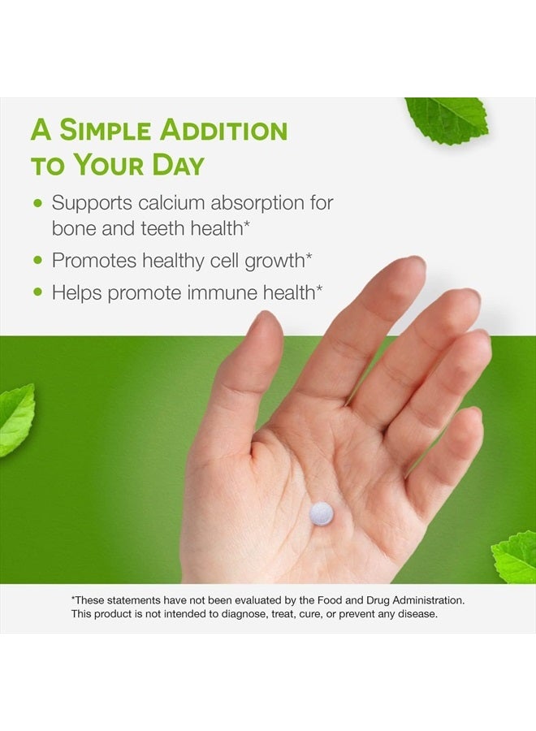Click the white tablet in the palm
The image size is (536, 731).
322,513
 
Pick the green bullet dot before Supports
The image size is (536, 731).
37,202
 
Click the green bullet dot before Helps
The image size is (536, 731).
37,292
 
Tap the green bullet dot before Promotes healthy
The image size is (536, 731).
37,261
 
